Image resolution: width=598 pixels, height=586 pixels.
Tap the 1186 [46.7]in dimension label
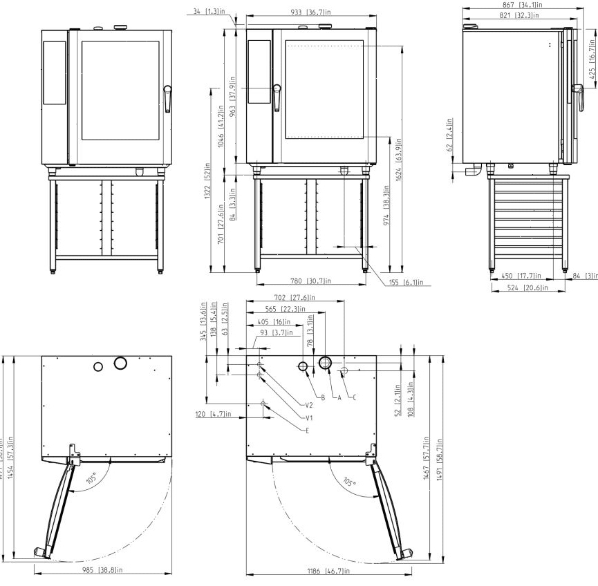pyautogui.click(x=328, y=571)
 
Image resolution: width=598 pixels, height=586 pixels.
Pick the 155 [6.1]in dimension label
pyautogui.click(x=404, y=283)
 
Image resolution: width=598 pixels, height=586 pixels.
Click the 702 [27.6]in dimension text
pyautogui.click(x=293, y=297)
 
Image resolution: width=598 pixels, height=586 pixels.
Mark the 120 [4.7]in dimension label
pyautogui.click(x=212, y=415)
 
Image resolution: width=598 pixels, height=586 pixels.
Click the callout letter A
pyautogui.click(x=339, y=397)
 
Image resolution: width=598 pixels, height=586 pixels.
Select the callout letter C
pyautogui.click(x=354, y=397)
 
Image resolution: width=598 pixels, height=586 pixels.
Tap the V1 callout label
pyautogui.click(x=309, y=417)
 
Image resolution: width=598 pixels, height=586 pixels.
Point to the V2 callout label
pyautogui.click(x=309, y=405)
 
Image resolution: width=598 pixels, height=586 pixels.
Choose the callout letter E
pyautogui.click(x=307, y=430)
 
